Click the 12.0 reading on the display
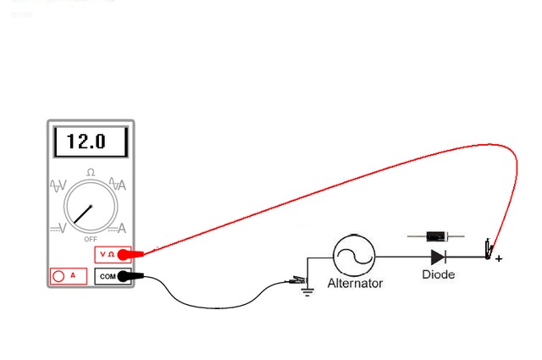click(87, 141)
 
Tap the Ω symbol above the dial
click(91, 173)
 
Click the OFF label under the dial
click(90, 239)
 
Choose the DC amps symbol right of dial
click(119, 227)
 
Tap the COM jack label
click(108, 276)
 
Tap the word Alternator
click(355, 283)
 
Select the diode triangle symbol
click(438, 256)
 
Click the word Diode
click(438, 274)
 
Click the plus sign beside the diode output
click(499, 258)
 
